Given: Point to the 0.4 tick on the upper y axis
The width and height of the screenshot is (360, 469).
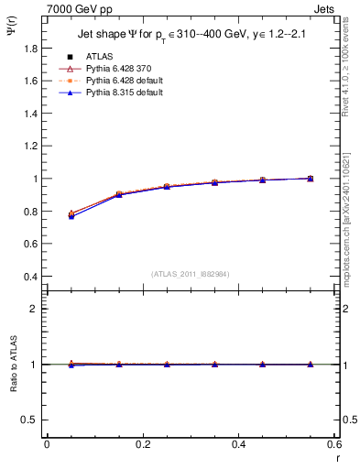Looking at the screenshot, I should coord(32,277).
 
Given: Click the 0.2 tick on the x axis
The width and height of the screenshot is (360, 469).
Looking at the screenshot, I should coord(143,445).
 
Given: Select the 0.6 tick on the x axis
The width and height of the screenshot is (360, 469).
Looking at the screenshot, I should coord(334,445).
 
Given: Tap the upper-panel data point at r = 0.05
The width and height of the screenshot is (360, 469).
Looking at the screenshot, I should coord(71,214).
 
